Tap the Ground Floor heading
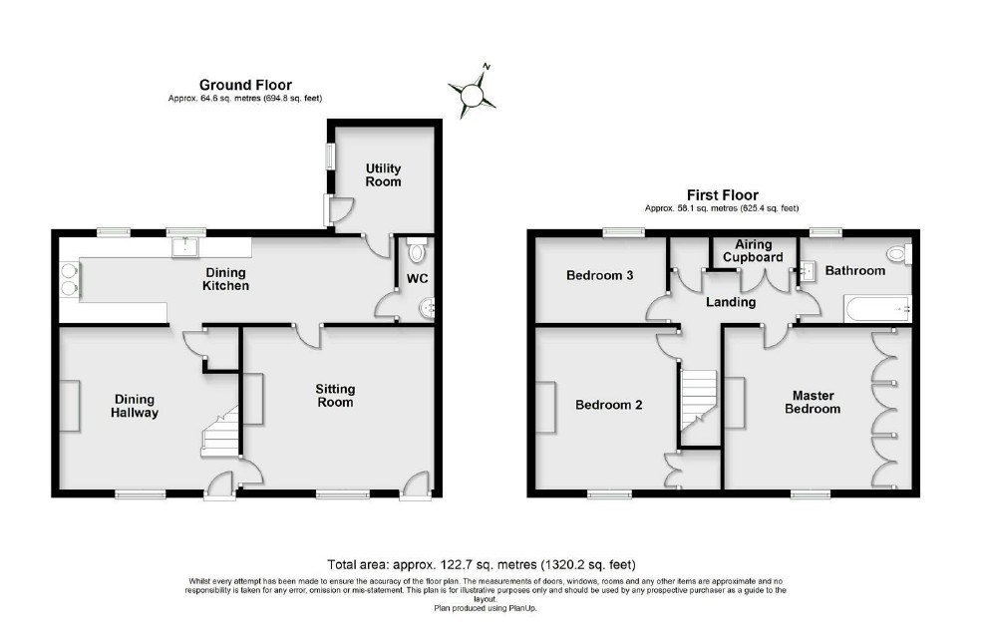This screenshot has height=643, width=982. [245, 85]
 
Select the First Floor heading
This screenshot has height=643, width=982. [722, 195]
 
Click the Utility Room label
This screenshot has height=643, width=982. [383, 174]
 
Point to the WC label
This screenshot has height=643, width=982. [416, 278]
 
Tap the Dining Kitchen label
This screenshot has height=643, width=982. [226, 279]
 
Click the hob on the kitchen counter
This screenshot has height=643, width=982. [70, 278]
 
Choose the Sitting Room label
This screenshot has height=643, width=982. [335, 396]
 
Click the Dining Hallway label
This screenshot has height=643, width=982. [135, 405]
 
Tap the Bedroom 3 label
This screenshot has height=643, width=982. [600, 275]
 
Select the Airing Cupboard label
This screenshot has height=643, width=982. [753, 250]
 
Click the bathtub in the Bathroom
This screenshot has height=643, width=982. [876, 309]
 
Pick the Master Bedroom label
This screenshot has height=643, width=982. [812, 402]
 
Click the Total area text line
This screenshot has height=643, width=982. [481, 564]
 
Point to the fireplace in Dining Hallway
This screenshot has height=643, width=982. [71, 407]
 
